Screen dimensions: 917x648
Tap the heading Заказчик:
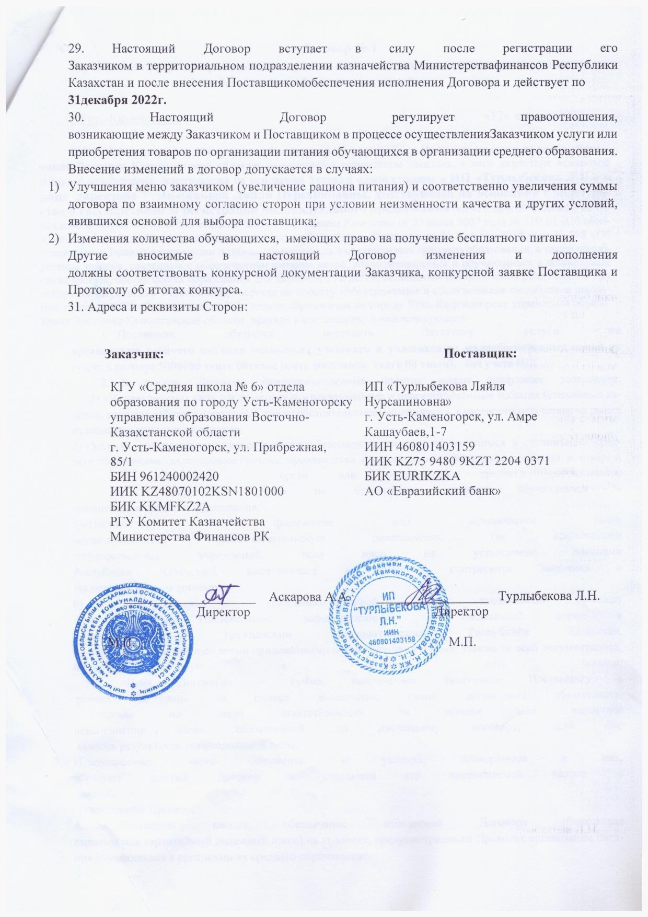[x=131, y=354]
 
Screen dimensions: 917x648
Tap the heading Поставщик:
[x=482, y=354]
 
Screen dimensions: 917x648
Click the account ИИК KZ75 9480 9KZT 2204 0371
[x=457, y=461]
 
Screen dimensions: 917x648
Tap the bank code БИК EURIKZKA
[x=412, y=476]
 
